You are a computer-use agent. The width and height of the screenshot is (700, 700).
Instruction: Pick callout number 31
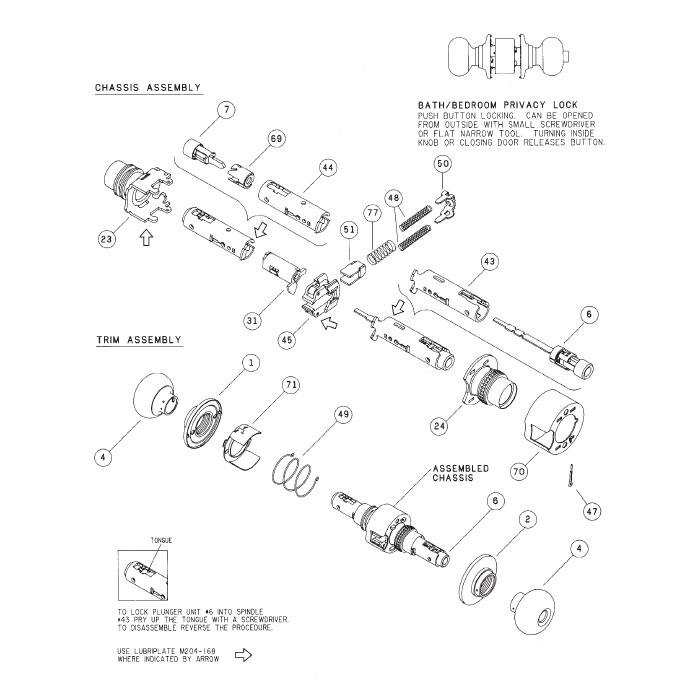click(x=253, y=320)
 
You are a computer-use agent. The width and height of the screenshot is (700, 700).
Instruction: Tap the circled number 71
click(x=291, y=385)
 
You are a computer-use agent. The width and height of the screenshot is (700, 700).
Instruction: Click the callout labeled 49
click(x=343, y=414)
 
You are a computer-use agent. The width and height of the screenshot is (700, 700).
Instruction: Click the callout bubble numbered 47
click(x=592, y=511)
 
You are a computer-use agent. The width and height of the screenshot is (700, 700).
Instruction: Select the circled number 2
click(x=527, y=520)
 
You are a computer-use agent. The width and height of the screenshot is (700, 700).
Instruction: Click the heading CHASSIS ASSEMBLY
click(x=147, y=88)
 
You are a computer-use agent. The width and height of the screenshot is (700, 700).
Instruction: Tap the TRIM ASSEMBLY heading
click(x=138, y=340)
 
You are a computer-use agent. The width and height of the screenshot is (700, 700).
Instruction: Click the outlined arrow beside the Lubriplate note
click(x=241, y=656)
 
